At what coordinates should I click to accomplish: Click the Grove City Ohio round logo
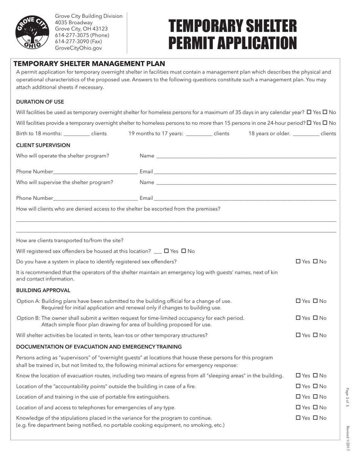pyautogui.click(x=31, y=32)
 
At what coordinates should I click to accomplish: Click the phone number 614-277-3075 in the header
pyautogui.click(x=82, y=35)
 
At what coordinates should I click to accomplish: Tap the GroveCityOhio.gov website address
pyautogui.click(x=78, y=48)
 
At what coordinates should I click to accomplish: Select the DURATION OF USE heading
pyautogui.click(x=40, y=102)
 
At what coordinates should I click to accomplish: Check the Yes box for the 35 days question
pyautogui.click(x=309, y=113)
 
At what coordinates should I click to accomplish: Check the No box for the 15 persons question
pyautogui.click(x=325, y=123)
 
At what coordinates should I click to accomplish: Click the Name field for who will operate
pyautogui.click(x=246, y=156)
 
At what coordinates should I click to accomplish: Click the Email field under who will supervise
pyautogui.click(x=245, y=198)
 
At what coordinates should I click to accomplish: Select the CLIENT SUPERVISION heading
pyautogui.click(x=43, y=145)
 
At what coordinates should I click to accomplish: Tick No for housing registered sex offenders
pyautogui.click(x=184, y=251)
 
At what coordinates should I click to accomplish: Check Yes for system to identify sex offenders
pyautogui.click(x=298, y=262)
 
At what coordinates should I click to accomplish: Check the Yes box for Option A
pyautogui.click(x=298, y=301)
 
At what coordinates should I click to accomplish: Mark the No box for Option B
pyautogui.click(x=315, y=318)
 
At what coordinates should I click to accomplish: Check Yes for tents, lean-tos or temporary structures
pyautogui.click(x=298, y=335)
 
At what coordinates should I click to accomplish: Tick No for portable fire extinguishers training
pyautogui.click(x=315, y=397)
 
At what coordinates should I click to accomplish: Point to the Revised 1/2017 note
pyautogui.click(x=347, y=438)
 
